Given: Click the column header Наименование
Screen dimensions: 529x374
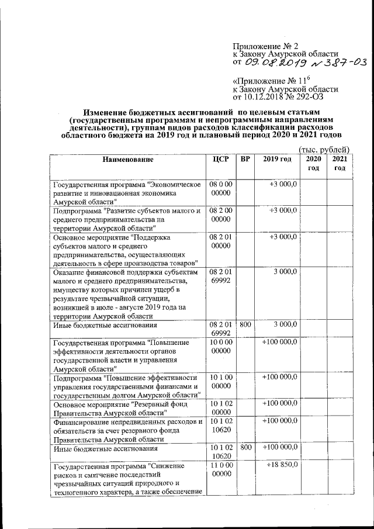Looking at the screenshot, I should [128, 160].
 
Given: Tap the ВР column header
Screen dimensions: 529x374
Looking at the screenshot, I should [245, 160].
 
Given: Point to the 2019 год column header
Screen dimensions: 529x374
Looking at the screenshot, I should [276, 160].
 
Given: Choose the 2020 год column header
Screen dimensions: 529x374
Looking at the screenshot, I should [314, 164].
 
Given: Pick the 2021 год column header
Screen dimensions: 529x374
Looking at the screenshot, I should [340, 164].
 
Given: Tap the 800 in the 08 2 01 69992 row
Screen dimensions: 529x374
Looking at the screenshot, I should [245, 324].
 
